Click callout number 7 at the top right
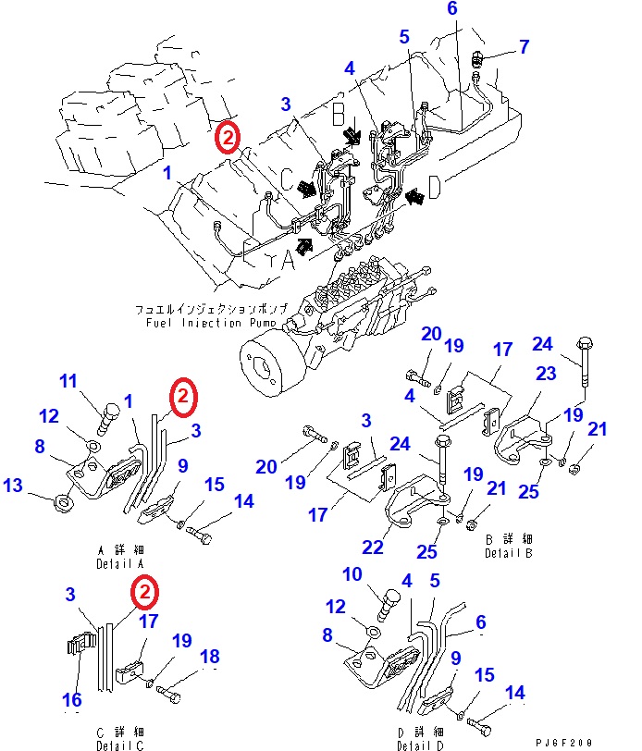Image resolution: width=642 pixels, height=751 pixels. point(525,45)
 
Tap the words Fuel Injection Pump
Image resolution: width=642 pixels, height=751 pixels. point(211,323)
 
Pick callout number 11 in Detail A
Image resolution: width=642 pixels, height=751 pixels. point(70,381)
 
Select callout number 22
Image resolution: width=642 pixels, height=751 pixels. point(372,547)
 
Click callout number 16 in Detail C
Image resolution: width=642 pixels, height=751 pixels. point(72,700)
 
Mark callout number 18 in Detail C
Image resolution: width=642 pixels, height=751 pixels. point(211,657)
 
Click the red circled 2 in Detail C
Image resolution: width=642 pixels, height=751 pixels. point(144,589)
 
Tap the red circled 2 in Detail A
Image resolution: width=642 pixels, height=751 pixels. point(183,397)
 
